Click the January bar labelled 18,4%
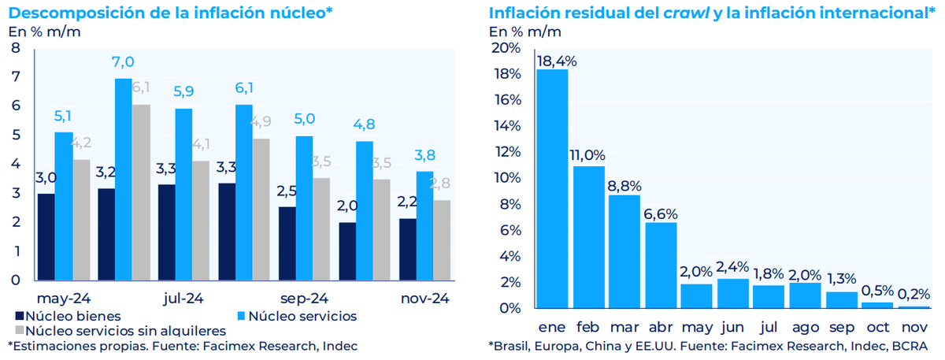pyautogui.click(x=552, y=189)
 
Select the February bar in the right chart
pyautogui.click(x=588, y=236)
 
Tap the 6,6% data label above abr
pyautogui.click(x=661, y=213)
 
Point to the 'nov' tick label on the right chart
pyautogui.click(x=913, y=325)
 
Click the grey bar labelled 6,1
pyautogui.click(x=142, y=191)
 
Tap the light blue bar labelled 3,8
pyautogui.click(x=424, y=225)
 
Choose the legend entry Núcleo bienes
pyautogui.click(x=68, y=316)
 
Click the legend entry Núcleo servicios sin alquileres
pyautogui.click(x=119, y=331)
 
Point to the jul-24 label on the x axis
pyautogui.click(x=184, y=299)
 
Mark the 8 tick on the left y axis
pyautogui.click(x=16, y=48)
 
